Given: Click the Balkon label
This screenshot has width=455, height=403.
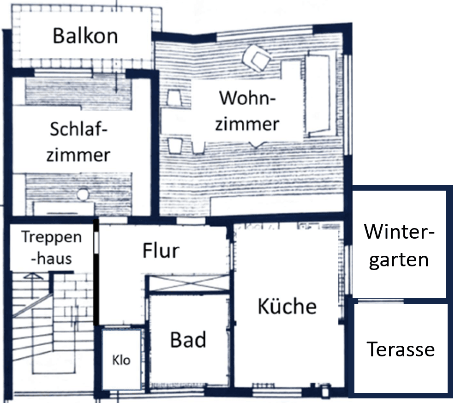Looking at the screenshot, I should point(85,36).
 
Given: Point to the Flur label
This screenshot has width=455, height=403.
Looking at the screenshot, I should point(161,251).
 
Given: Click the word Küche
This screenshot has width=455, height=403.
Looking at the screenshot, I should point(287,306).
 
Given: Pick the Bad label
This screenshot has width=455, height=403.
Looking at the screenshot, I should point(188,340).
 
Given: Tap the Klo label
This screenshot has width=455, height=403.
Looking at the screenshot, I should point(121,360).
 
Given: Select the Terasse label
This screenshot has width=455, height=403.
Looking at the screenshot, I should point(401,349).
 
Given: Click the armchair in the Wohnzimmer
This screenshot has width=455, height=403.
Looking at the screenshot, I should point(257,58).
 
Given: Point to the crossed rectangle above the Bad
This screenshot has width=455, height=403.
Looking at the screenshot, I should point(189,283).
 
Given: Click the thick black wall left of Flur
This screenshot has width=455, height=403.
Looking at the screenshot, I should point(96,272).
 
